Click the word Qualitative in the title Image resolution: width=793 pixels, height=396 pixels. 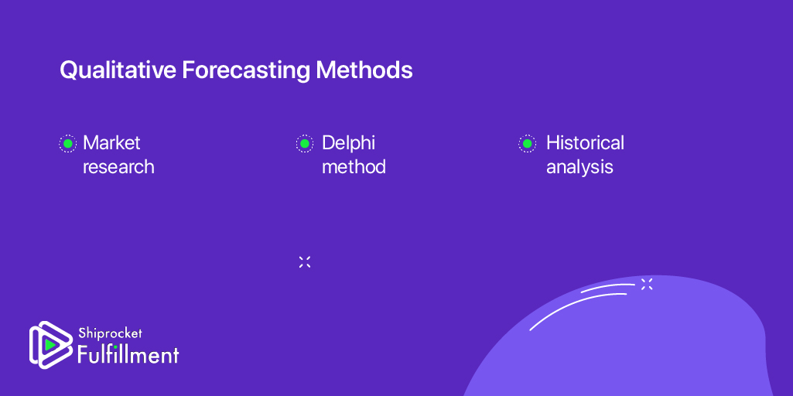coord(118,70)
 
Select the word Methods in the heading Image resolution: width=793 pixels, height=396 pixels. coord(364,70)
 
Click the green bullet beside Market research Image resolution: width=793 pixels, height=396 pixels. coord(67,144)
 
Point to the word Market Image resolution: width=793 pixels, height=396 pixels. coord(111,142)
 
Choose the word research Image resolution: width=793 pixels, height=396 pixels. coord(118,167)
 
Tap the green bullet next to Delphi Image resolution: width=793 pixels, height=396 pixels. coord(305,144)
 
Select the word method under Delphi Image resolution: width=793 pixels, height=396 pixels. coord(354,166)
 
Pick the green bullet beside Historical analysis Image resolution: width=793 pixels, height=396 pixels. coord(527,144)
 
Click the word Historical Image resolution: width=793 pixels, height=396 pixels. coord(585,142)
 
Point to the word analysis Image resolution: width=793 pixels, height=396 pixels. coord(579,167)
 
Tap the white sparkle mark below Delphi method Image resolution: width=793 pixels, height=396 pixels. coord(305,262)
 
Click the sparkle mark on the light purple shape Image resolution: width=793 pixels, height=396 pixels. coord(647,284)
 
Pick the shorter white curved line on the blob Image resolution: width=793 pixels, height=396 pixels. coord(607,287)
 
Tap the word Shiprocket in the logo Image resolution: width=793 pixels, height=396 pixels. coord(111,333)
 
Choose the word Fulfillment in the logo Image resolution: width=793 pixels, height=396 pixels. coord(128,354)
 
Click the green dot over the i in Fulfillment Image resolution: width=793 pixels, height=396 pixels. coord(115,347)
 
